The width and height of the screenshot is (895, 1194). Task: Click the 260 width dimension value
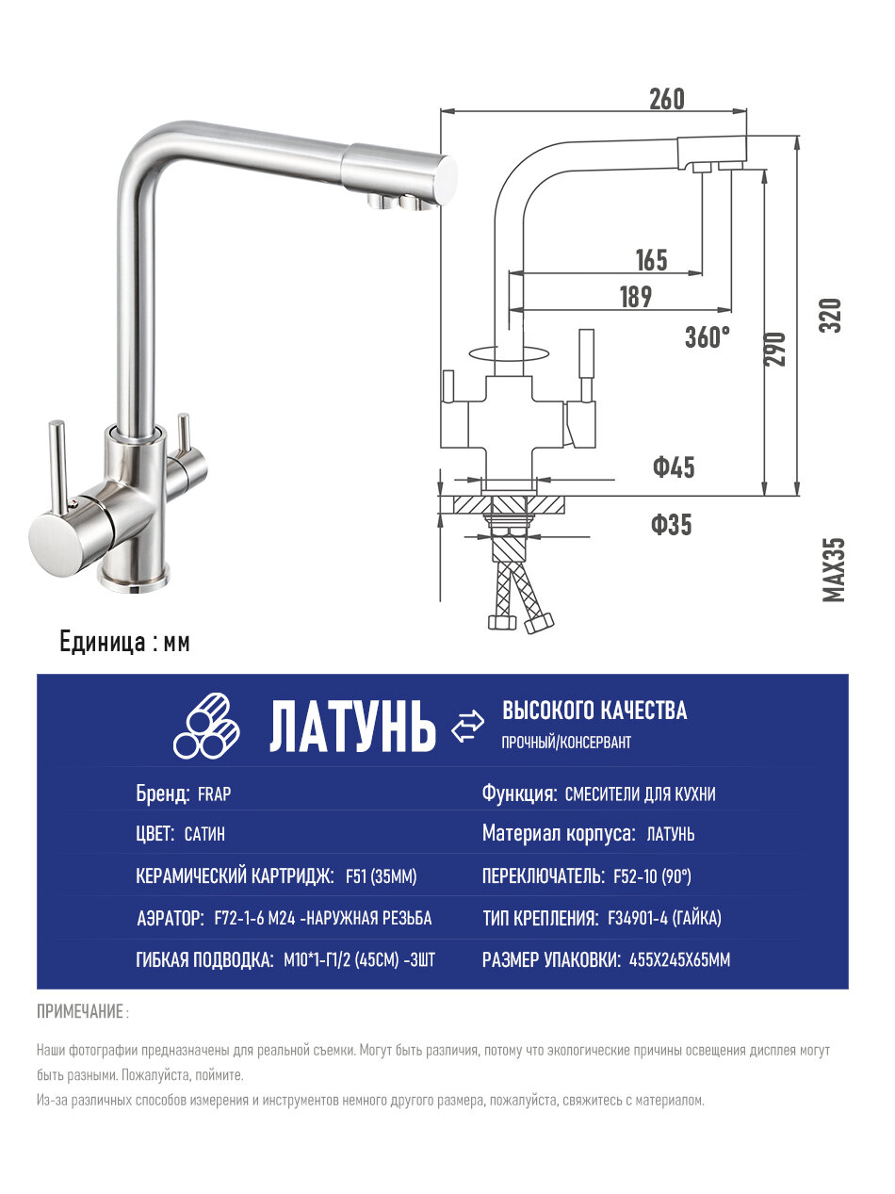click(666, 98)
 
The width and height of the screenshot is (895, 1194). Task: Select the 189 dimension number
click(635, 297)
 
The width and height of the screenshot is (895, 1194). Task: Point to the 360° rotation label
click(708, 336)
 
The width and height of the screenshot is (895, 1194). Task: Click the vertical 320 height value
click(830, 315)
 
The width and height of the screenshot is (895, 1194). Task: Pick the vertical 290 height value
click(775, 350)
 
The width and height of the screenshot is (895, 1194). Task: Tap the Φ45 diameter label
click(674, 466)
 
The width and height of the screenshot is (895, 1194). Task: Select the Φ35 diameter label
click(671, 525)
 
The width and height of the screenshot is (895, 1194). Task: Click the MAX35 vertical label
click(834, 569)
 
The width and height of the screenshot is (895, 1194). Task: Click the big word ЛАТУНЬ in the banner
click(353, 728)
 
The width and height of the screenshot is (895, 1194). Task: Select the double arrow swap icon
click(468, 727)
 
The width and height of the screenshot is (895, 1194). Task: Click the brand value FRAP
click(214, 794)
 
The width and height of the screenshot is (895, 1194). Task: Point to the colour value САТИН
click(204, 835)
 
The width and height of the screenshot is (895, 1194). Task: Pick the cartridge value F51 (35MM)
click(382, 877)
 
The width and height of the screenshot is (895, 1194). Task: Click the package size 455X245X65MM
click(679, 960)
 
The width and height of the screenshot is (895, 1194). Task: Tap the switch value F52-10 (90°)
click(652, 877)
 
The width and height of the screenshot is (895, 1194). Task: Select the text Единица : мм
click(124, 643)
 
